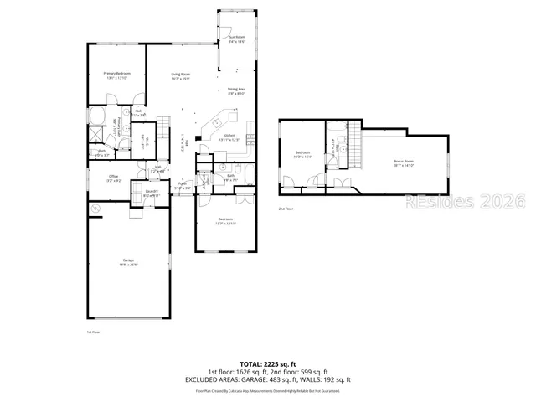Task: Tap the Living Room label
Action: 181,77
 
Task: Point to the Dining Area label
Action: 236,90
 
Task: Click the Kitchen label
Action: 228,137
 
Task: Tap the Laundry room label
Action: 151,193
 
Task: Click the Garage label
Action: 129,262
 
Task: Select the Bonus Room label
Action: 404,163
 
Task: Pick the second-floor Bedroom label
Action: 302,154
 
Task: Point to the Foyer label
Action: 182,187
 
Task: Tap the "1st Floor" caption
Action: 93,332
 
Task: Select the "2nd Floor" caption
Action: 286,209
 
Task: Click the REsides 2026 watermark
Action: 464,202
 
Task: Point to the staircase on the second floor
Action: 354,142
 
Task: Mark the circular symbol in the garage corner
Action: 95,207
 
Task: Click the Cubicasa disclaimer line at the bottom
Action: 267,390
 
